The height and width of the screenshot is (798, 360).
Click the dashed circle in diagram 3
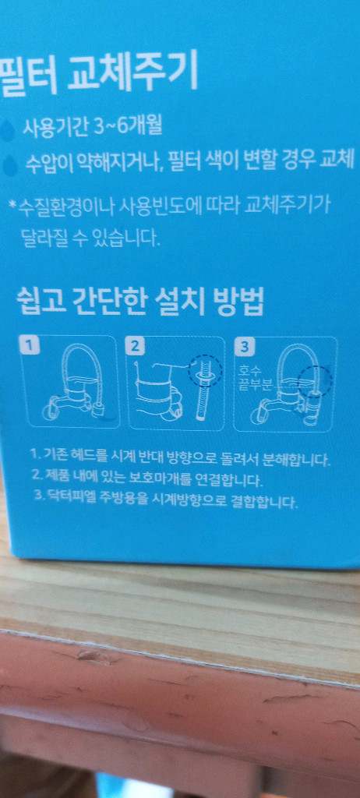tap(316, 380)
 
